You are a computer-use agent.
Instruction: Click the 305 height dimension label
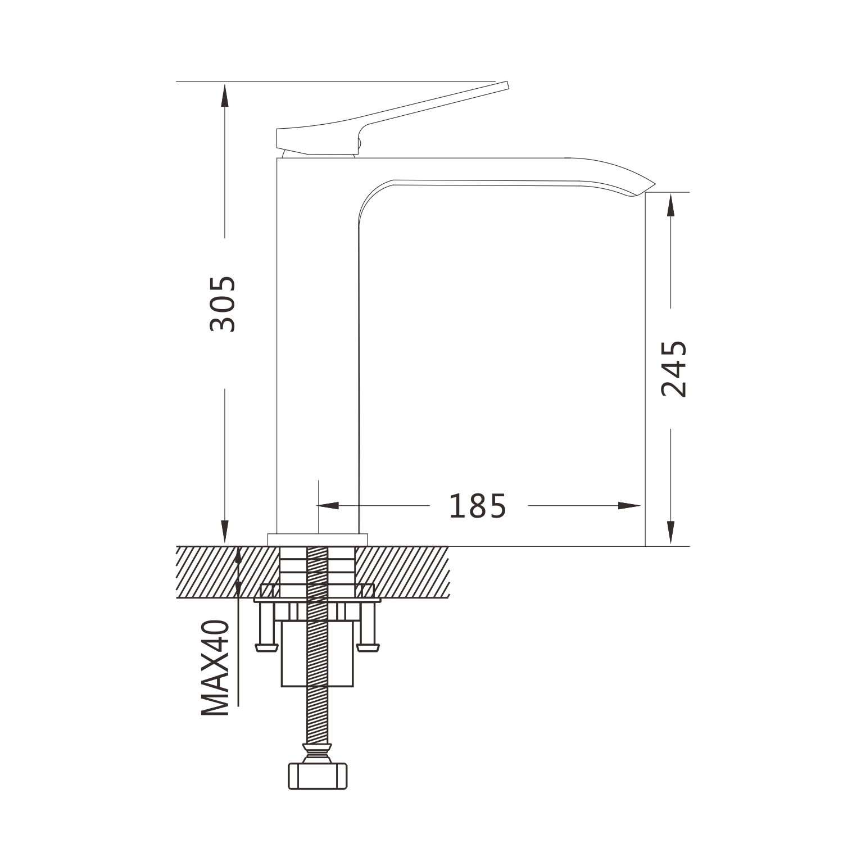click(x=223, y=303)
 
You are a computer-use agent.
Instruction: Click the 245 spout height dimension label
click(x=674, y=369)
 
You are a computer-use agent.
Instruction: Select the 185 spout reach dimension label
click(x=478, y=506)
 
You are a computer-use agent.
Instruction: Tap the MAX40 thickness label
click(x=216, y=668)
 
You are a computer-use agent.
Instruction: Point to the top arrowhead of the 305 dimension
click(x=225, y=95)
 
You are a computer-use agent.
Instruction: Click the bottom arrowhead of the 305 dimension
click(x=225, y=532)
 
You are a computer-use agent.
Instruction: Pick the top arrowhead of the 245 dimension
click(x=670, y=205)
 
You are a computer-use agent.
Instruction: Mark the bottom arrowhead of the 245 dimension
click(x=670, y=533)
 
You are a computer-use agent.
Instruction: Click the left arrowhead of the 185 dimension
click(x=329, y=506)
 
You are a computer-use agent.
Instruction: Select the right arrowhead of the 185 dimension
click(x=629, y=506)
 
